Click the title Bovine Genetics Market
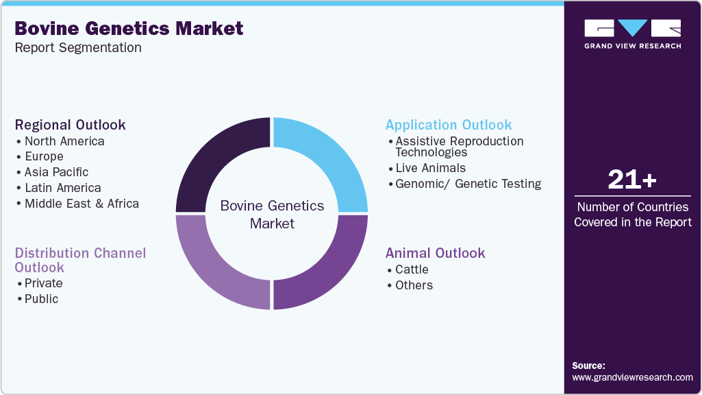coord(129,28)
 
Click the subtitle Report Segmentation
coord(78,48)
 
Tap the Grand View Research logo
coord(632,34)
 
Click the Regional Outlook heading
coord(70,125)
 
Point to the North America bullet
coord(64,141)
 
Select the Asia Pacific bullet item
coord(56,172)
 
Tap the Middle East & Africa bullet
coord(82,204)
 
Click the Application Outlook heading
coord(449,125)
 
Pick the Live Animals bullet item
coord(430,168)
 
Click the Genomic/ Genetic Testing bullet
coord(468,184)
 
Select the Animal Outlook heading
coord(435,253)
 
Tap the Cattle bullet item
coord(412,270)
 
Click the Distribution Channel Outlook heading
coord(80,260)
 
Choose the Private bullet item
coord(43,283)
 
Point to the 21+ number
coord(632,180)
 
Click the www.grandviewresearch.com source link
coord(632,377)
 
